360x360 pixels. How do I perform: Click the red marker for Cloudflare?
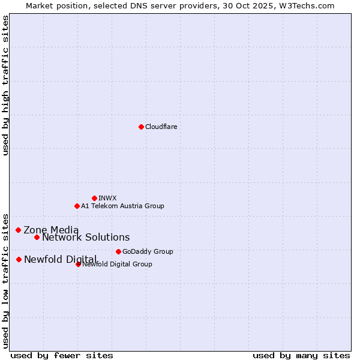pyautogui.click(x=141, y=127)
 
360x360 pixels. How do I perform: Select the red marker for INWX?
pyautogui.click(x=94, y=198)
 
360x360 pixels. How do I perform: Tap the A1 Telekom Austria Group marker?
pyautogui.click(x=77, y=206)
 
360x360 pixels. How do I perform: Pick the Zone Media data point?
pyautogui.click(x=18, y=230)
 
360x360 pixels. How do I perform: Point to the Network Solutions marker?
pyautogui.click(x=37, y=237)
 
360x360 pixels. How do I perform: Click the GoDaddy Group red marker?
pyautogui.click(x=118, y=251)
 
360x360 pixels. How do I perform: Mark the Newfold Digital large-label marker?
pyautogui.click(x=19, y=259)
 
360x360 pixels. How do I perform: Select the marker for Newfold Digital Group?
pyautogui.click(x=78, y=264)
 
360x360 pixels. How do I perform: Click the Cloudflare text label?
pyautogui.click(x=161, y=127)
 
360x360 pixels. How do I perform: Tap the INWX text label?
pyautogui.click(x=107, y=198)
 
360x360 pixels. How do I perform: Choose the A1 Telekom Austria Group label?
pyautogui.click(x=122, y=206)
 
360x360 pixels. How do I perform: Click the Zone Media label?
pyautogui.click(x=51, y=230)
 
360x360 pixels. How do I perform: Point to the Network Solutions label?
pyautogui.click(x=86, y=237)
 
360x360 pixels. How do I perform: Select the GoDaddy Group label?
pyautogui.click(x=148, y=251)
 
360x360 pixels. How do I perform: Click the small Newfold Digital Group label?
pyautogui.click(x=118, y=264)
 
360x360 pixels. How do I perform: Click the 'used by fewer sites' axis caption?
pyautogui.click(x=62, y=355)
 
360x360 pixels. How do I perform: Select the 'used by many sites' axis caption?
pyautogui.click(x=301, y=355)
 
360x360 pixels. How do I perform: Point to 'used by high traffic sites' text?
pyautogui.click(x=5, y=85)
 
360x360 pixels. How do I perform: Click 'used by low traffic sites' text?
pyautogui.click(x=5, y=280)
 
